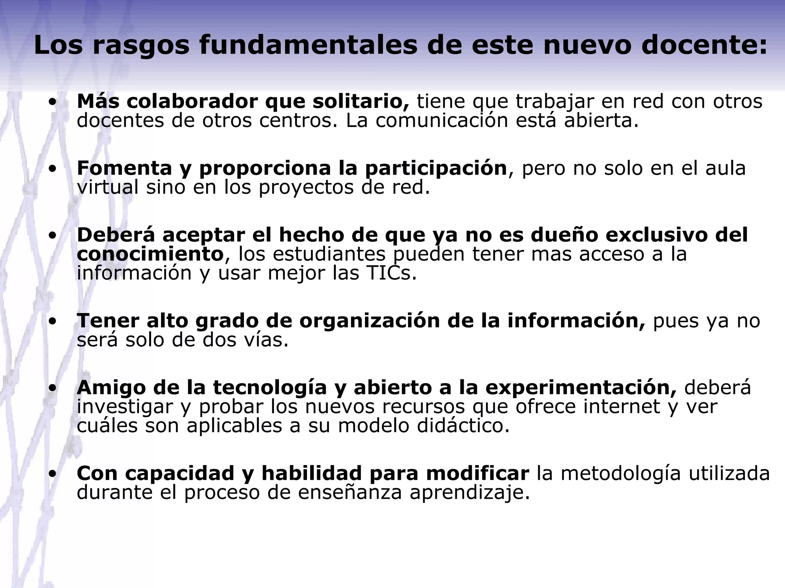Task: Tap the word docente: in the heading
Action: [x=704, y=45]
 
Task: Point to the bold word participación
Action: [x=436, y=168]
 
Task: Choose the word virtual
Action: [x=107, y=188]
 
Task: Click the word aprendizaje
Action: [x=470, y=493]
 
